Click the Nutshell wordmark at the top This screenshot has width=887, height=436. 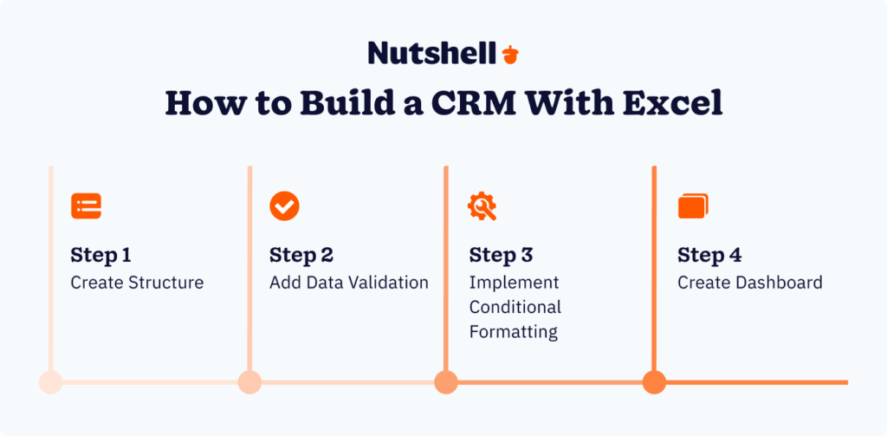click(x=432, y=53)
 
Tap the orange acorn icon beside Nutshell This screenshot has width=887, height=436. click(x=510, y=54)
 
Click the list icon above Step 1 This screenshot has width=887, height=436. click(x=86, y=205)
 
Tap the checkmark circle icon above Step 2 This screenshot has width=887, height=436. click(x=284, y=205)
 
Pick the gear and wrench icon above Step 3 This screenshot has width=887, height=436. click(x=482, y=205)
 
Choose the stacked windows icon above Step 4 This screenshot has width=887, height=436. click(x=692, y=206)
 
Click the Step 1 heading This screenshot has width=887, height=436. click(x=100, y=256)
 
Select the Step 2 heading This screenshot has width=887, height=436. click(x=301, y=256)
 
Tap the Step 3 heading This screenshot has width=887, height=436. click(x=501, y=256)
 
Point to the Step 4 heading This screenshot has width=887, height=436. click(x=709, y=256)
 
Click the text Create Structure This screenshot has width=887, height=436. click(x=137, y=283)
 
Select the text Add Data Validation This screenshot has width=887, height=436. click(x=348, y=283)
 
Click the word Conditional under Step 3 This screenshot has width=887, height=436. click(x=515, y=307)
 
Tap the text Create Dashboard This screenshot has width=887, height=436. click(x=749, y=283)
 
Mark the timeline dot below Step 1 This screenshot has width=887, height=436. click(x=51, y=381)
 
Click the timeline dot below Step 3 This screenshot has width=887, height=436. click(x=446, y=381)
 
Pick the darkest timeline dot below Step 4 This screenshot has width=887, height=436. click(x=654, y=381)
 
